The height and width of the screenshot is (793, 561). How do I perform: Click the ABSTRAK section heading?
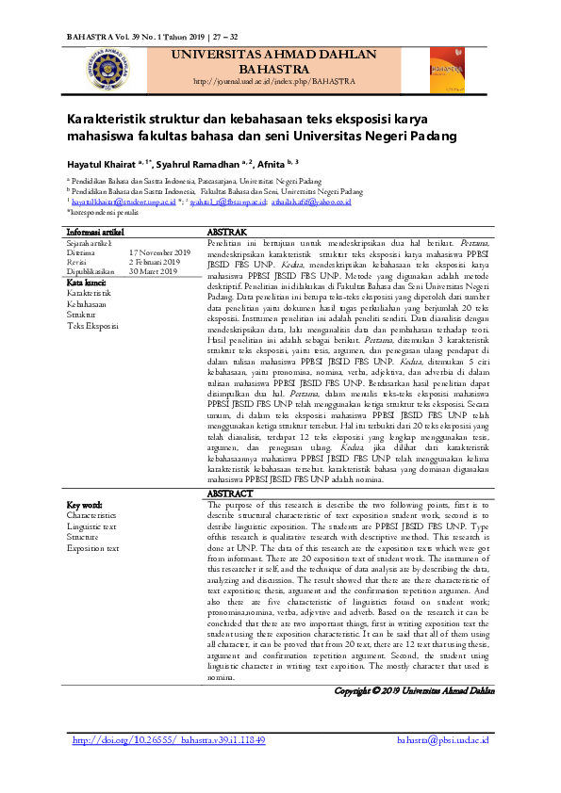226,231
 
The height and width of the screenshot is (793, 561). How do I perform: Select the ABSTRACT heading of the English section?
229,493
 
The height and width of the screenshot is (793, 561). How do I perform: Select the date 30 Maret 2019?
153,271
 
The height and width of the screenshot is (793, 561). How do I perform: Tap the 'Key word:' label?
86,505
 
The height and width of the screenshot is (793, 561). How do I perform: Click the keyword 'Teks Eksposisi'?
93,326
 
